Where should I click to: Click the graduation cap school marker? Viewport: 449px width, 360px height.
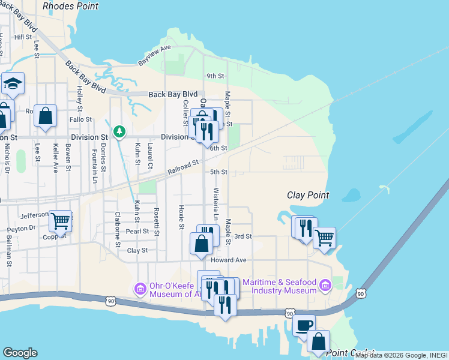pyautogui.click(x=12, y=84)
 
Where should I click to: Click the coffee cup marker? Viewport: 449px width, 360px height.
pyautogui.click(x=304, y=325)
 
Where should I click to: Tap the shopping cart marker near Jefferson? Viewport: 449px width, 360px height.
pyautogui.click(x=60, y=221)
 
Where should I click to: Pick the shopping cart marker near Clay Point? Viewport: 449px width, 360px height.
pyautogui.click(x=324, y=237)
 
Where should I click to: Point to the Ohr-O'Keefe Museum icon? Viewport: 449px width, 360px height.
pyautogui.click(x=140, y=289)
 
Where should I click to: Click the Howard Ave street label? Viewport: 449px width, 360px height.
pyautogui.click(x=229, y=260)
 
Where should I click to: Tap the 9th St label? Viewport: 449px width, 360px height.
pyautogui.click(x=215, y=76)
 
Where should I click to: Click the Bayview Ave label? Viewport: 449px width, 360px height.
pyautogui.click(x=155, y=55)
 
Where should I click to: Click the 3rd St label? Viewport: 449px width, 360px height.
pyautogui.click(x=243, y=236)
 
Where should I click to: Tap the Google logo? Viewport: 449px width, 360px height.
pyautogui.click(x=20, y=353)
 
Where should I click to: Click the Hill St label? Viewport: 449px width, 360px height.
pyautogui.click(x=23, y=37)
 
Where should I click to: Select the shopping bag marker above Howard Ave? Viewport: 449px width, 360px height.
pyautogui.click(x=201, y=244)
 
